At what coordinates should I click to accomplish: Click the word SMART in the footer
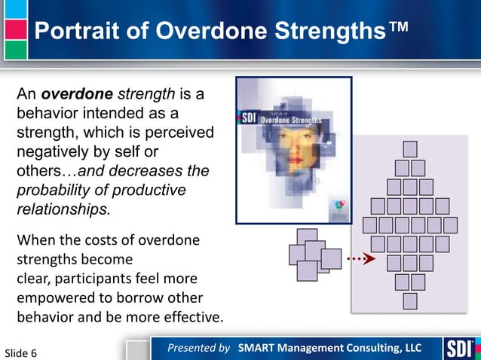[261, 348]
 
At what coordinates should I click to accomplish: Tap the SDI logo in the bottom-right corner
[458, 349]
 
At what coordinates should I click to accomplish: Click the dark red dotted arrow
[360, 259]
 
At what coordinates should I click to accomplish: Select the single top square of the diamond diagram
[409, 149]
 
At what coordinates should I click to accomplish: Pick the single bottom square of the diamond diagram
[409, 301]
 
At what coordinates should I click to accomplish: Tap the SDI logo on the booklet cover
[249, 118]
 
